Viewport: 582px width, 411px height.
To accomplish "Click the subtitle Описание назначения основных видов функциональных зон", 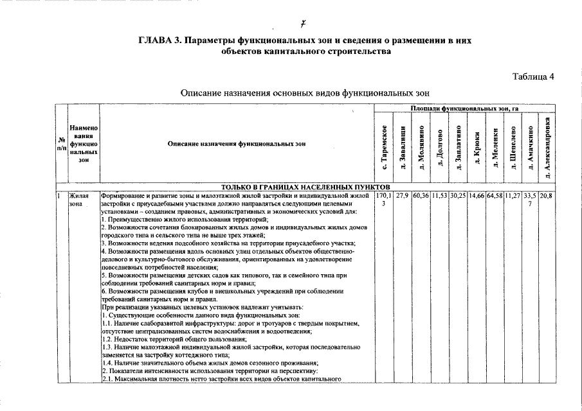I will [304, 93].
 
